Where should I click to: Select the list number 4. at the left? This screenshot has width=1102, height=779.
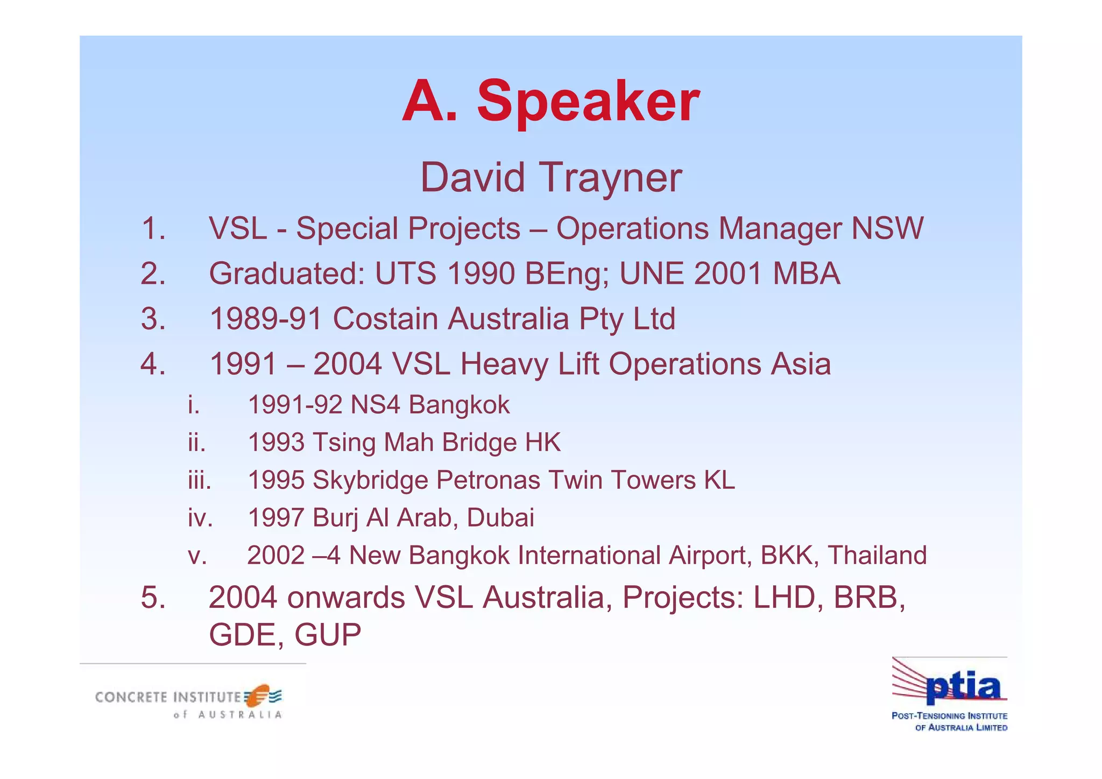point(153,364)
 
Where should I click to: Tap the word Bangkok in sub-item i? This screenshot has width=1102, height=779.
point(459,405)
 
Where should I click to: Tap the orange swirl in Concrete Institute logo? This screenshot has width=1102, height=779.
point(260,694)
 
